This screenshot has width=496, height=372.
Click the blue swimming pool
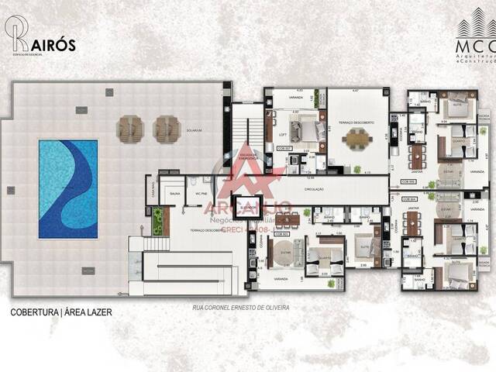pyautogui.click(x=68, y=188)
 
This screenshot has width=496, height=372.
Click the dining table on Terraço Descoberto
pyautogui.click(x=357, y=139)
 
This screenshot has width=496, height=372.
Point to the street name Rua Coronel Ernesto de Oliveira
pyautogui.click(x=240, y=308)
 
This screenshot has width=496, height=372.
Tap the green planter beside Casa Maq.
pyautogui.click(x=158, y=221)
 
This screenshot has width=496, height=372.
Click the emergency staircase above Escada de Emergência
pyautogui.click(x=249, y=128)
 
